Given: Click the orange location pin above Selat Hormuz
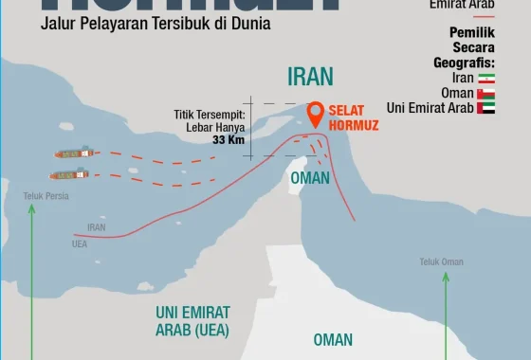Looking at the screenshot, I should [x=317, y=115].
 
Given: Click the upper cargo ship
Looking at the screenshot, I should [x=73, y=153].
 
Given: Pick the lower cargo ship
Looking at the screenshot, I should [x=69, y=174].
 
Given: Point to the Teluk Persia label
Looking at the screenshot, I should [x=46, y=196].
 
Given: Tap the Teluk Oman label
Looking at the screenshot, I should [x=442, y=261].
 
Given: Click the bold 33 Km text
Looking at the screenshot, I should [x=229, y=140].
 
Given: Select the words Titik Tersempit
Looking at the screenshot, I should [x=210, y=115].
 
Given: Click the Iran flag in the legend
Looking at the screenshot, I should [x=486, y=78].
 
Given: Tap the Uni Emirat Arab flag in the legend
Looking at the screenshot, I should [x=486, y=108].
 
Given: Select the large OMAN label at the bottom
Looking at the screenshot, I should [x=333, y=339].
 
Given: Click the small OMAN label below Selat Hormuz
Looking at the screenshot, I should [x=310, y=178].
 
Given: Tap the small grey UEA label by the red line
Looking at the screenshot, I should [x=80, y=243].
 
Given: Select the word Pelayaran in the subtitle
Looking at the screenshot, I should [x=116, y=23].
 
